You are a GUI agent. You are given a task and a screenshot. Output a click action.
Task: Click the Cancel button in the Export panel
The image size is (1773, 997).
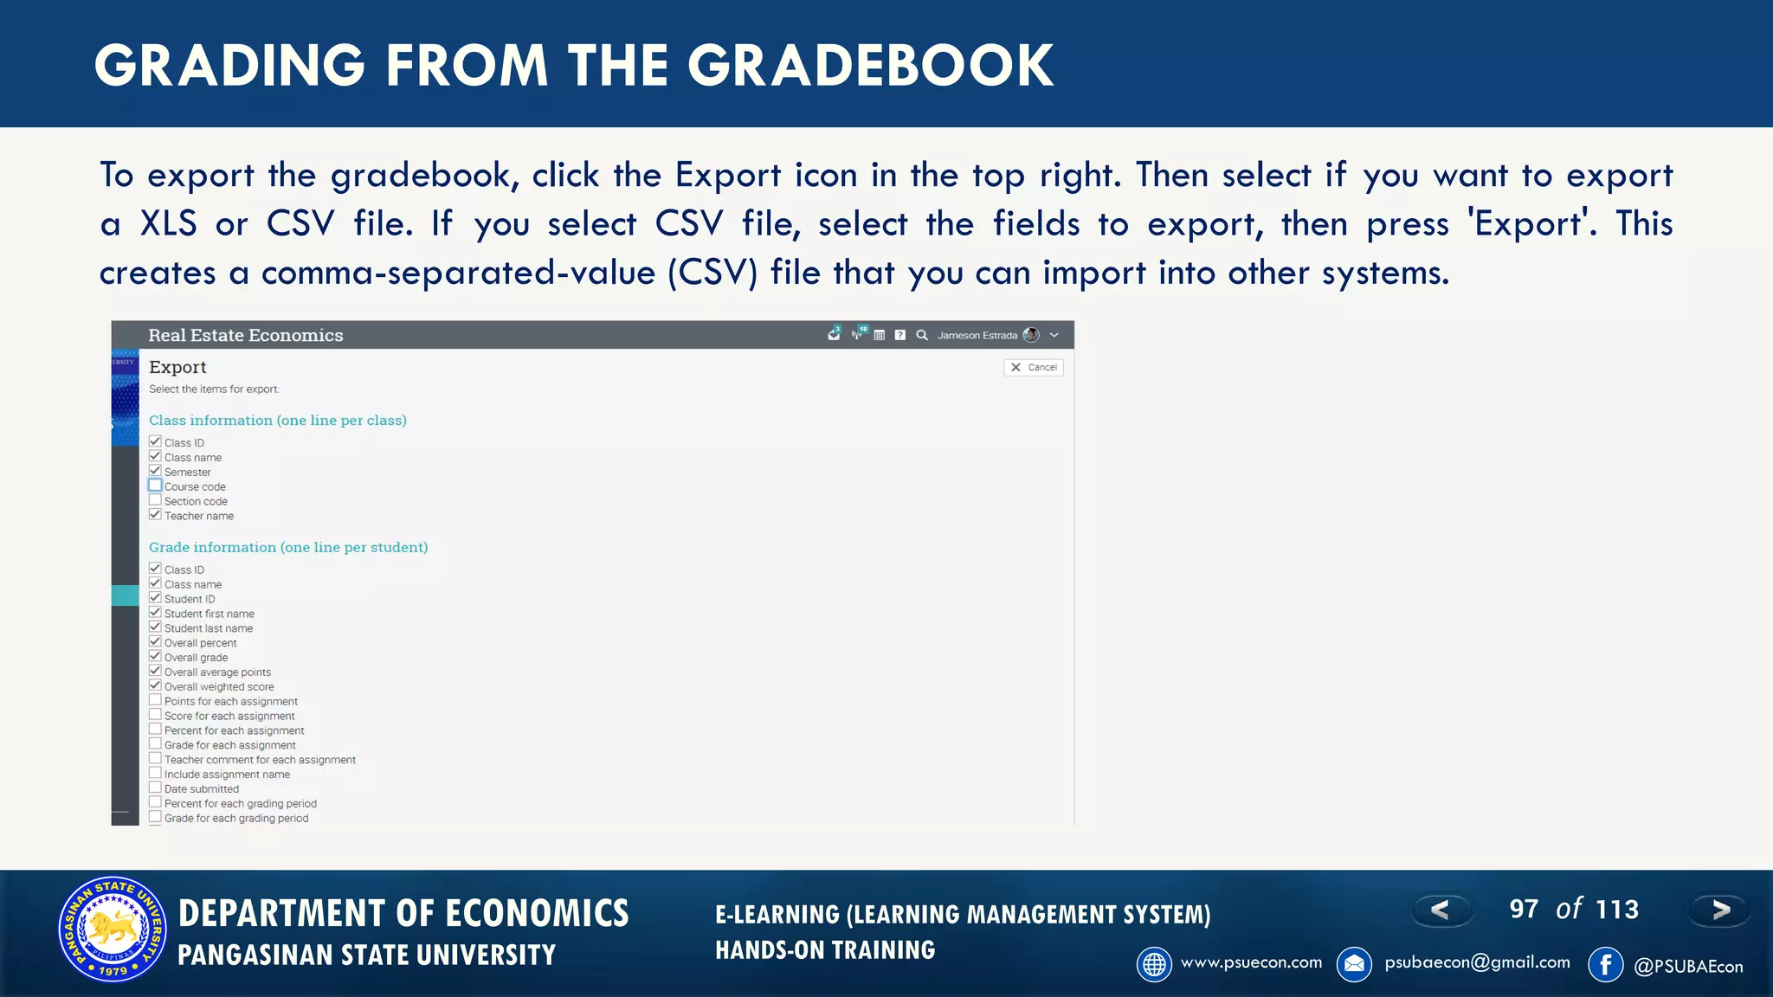pyautogui.click(x=1034, y=368)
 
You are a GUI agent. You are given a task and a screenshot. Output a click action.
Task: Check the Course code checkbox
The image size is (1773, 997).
pyautogui.click(x=155, y=486)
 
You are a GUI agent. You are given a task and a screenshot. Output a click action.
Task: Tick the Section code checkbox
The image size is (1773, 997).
pyautogui.click(x=155, y=500)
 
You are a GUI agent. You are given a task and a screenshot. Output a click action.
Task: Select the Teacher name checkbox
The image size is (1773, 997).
pyautogui.click(x=155, y=515)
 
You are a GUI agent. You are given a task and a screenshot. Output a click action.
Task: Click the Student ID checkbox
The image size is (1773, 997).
pyautogui.click(x=155, y=598)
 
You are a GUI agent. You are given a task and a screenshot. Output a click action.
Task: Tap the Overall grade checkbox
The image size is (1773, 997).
pyautogui.click(x=155, y=657)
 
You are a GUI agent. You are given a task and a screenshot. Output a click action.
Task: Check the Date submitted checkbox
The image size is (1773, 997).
pyautogui.click(x=155, y=788)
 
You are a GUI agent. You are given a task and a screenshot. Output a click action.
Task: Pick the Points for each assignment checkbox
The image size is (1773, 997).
pyautogui.click(x=155, y=700)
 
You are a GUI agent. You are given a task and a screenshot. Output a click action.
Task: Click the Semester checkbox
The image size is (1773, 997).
pyautogui.click(x=155, y=471)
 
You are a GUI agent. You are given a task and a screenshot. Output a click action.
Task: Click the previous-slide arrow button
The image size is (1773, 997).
pyautogui.click(x=1441, y=910)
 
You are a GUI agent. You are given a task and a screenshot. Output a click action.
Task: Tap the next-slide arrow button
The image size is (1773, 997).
pyautogui.click(x=1720, y=910)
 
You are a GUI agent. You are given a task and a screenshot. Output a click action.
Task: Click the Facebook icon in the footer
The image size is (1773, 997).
pyautogui.click(x=1606, y=964)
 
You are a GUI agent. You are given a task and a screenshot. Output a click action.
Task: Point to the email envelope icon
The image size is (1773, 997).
pyautogui.click(x=1354, y=964)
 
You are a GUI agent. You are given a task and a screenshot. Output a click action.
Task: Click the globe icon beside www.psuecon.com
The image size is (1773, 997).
pyautogui.click(x=1154, y=964)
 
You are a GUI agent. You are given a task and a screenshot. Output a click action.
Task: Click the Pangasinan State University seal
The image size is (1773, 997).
pyautogui.click(x=113, y=929)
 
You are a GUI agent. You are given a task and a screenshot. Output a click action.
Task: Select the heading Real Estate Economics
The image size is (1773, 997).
pyautogui.click(x=246, y=335)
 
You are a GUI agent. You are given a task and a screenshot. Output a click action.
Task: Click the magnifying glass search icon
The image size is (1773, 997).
pyautogui.click(x=922, y=335)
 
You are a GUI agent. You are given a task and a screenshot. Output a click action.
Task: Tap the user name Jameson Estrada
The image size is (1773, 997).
pyautogui.click(x=977, y=336)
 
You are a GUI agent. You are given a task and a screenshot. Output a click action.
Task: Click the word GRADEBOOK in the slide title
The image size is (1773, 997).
pyautogui.click(x=871, y=66)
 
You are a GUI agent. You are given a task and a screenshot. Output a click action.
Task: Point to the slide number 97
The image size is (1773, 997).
pyautogui.click(x=1524, y=910)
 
